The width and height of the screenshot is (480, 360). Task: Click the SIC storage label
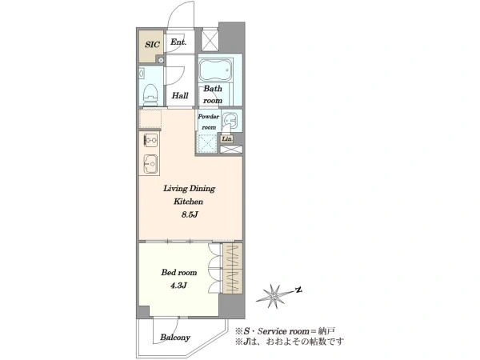[x=152, y=44]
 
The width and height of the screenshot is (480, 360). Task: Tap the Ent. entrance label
[x=178, y=42]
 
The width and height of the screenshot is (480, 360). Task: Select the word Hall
[x=180, y=95]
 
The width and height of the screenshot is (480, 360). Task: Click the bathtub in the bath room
[x=216, y=70]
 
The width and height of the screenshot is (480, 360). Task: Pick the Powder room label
[x=209, y=122]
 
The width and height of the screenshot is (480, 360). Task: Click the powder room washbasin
[x=230, y=121]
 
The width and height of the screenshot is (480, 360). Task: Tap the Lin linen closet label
[x=227, y=139]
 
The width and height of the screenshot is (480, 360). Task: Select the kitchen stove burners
[x=150, y=141]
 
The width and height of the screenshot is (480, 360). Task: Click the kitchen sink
[x=150, y=164]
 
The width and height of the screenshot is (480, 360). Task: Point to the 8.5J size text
[x=190, y=214]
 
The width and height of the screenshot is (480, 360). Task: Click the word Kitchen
[x=188, y=202]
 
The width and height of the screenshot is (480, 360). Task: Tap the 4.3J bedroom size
[x=178, y=286]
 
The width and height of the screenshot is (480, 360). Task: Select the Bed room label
[x=179, y=273]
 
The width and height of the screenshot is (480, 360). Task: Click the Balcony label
[x=175, y=338]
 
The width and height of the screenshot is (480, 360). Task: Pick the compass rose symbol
[x=273, y=296]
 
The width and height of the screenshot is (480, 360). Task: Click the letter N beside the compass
[x=298, y=290]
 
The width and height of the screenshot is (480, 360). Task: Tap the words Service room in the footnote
[x=283, y=331]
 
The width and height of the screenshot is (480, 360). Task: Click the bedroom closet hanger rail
[x=233, y=268]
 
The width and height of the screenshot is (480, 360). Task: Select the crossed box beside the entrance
[x=210, y=40]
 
